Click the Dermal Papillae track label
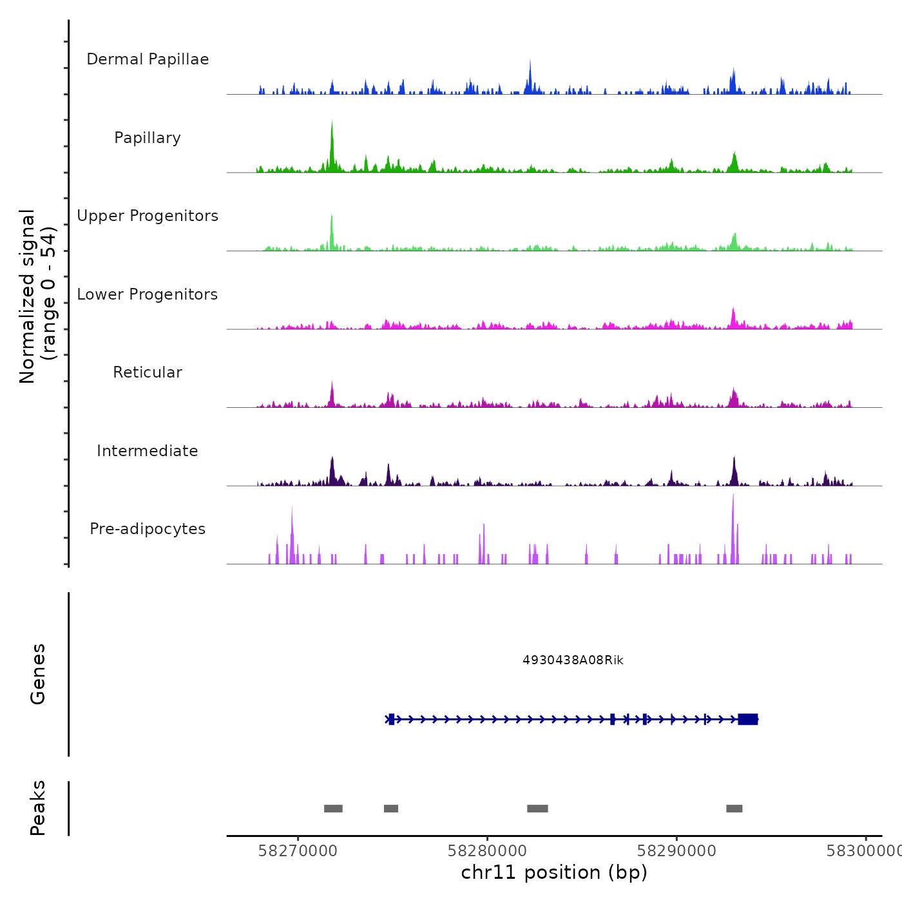148,59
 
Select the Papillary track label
148,138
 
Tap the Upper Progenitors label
148,216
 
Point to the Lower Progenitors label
148,294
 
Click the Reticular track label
148,372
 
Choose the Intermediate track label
148,451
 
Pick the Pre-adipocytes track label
148,529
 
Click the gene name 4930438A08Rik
573,660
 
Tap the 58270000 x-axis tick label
298,851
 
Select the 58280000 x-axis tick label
487,851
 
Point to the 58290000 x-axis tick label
676,851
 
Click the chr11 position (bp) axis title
554,872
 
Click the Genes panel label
38,674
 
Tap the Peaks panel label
38,808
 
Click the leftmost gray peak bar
333,809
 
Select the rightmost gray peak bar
734,809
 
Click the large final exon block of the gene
748,719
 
